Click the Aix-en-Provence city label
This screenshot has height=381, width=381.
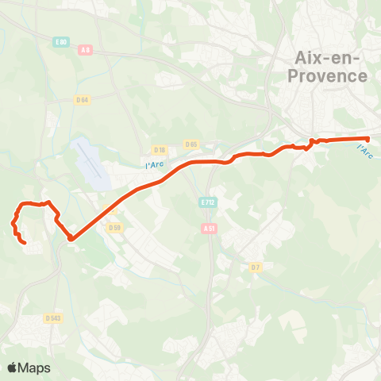(x=331, y=67)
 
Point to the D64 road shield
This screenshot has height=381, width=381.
(x=82, y=100)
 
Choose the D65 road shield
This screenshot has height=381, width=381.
(x=190, y=144)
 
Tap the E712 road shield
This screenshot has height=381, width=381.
(x=208, y=202)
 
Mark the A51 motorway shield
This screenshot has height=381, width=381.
(x=209, y=228)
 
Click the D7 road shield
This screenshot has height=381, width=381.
(x=256, y=267)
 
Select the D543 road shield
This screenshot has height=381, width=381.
(x=53, y=318)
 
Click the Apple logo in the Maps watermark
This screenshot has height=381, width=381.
(x=13, y=368)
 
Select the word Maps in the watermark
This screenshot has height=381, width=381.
(x=35, y=368)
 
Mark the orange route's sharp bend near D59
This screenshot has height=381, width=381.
(x=71, y=237)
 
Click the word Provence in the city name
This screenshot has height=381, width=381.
(x=331, y=76)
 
